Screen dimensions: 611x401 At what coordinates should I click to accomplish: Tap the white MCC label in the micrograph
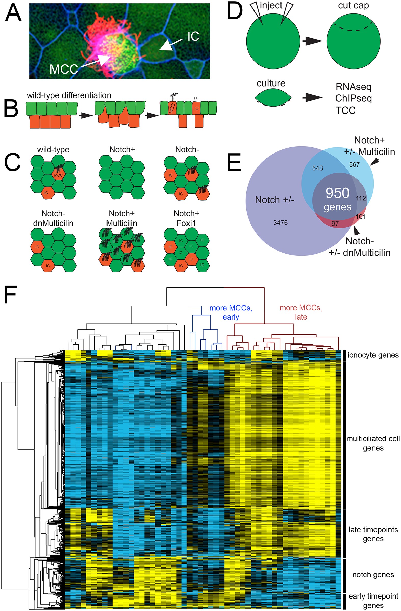(64, 69)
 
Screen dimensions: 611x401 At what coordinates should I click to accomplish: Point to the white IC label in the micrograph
(193, 36)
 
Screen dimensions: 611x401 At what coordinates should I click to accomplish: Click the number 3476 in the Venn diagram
(280, 222)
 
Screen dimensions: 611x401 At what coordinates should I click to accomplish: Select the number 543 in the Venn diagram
(317, 168)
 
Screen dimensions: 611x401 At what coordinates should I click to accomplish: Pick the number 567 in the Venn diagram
(354, 164)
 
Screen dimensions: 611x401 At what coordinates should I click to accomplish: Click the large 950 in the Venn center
(338, 193)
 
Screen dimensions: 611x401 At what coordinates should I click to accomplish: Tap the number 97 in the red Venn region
(335, 224)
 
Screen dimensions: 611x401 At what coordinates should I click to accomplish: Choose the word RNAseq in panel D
(353, 87)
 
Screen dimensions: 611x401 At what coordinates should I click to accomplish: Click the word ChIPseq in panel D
(353, 98)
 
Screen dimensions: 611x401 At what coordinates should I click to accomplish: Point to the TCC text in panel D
(345, 110)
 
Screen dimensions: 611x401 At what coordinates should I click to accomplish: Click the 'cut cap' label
(353, 6)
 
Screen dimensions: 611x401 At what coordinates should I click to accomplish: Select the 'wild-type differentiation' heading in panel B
(69, 95)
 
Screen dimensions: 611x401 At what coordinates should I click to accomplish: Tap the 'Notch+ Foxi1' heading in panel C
(186, 218)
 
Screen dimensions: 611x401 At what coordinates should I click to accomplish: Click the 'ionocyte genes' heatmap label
(373, 355)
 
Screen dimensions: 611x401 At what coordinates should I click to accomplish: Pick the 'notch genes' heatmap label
(373, 574)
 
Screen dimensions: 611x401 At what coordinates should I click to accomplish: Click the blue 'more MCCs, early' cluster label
(230, 312)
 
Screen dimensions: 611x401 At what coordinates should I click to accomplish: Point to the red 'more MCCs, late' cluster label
(301, 312)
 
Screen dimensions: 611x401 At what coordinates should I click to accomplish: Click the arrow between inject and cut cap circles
(312, 41)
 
